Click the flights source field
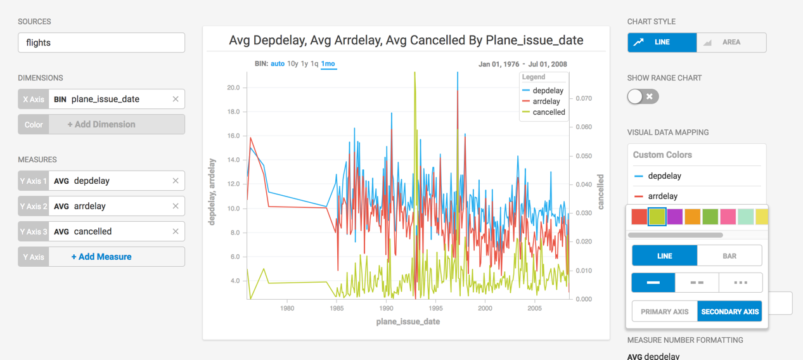click(101, 43)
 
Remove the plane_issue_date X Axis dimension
click(176, 100)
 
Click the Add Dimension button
click(101, 125)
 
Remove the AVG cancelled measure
click(176, 232)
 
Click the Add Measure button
click(101, 257)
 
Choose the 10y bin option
click(292, 64)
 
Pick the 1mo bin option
click(328, 64)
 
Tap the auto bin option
click(278, 64)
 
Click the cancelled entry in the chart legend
click(548, 112)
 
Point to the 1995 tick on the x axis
click(435, 309)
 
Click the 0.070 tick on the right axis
click(584, 99)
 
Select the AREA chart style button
click(731, 42)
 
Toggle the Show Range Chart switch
click(643, 96)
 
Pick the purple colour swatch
click(675, 217)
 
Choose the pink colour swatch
click(728, 217)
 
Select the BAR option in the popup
click(729, 256)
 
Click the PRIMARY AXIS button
click(664, 312)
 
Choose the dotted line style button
click(740, 283)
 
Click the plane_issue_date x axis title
click(408, 322)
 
